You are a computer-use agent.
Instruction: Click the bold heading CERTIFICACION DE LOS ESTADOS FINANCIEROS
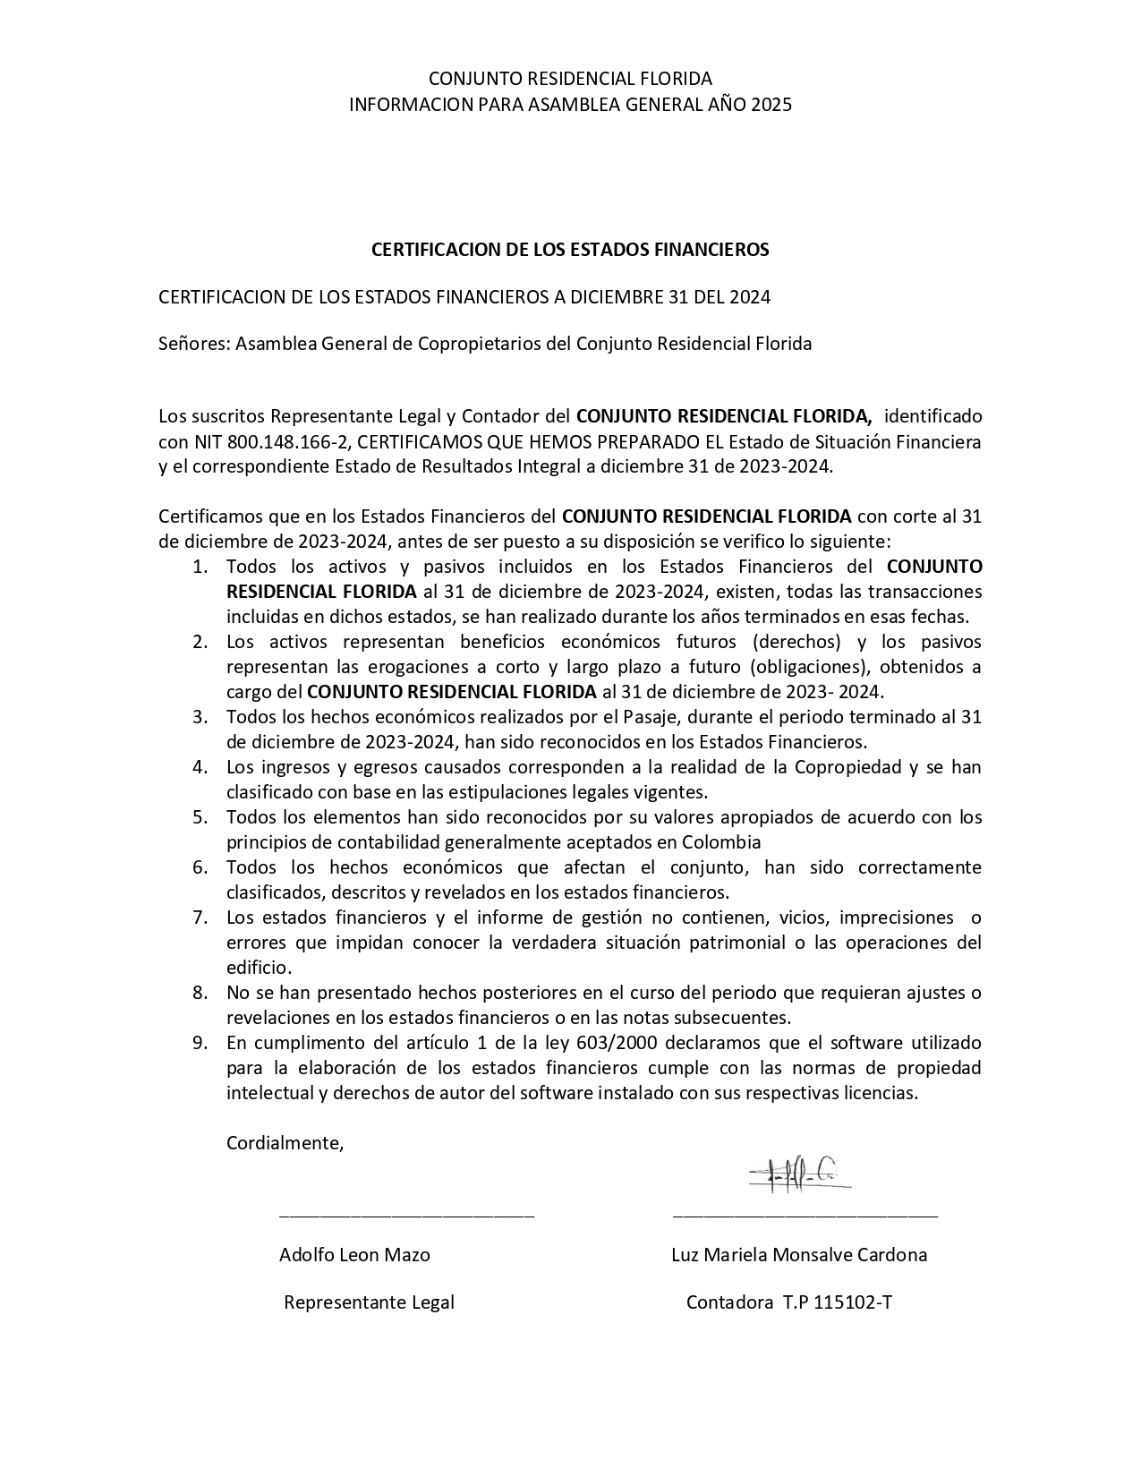[x=570, y=250]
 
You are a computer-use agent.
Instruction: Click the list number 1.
[x=200, y=567]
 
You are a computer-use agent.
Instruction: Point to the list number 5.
[x=200, y=817]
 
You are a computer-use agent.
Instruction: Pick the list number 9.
[x=200, y=1043]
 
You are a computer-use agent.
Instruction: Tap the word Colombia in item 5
[x=721, y=842]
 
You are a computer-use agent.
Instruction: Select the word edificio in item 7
[x=258, y=968]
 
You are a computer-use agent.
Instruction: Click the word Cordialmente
[x=285, y=1143]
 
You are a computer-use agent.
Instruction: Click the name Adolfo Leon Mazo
[x=354, y=1255]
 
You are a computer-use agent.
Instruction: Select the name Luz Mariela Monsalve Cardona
[x=799, y=1255]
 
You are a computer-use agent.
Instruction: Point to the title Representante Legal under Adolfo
[x=369, y=1303]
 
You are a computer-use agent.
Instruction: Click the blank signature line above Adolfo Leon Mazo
[x=406, y=1216]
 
